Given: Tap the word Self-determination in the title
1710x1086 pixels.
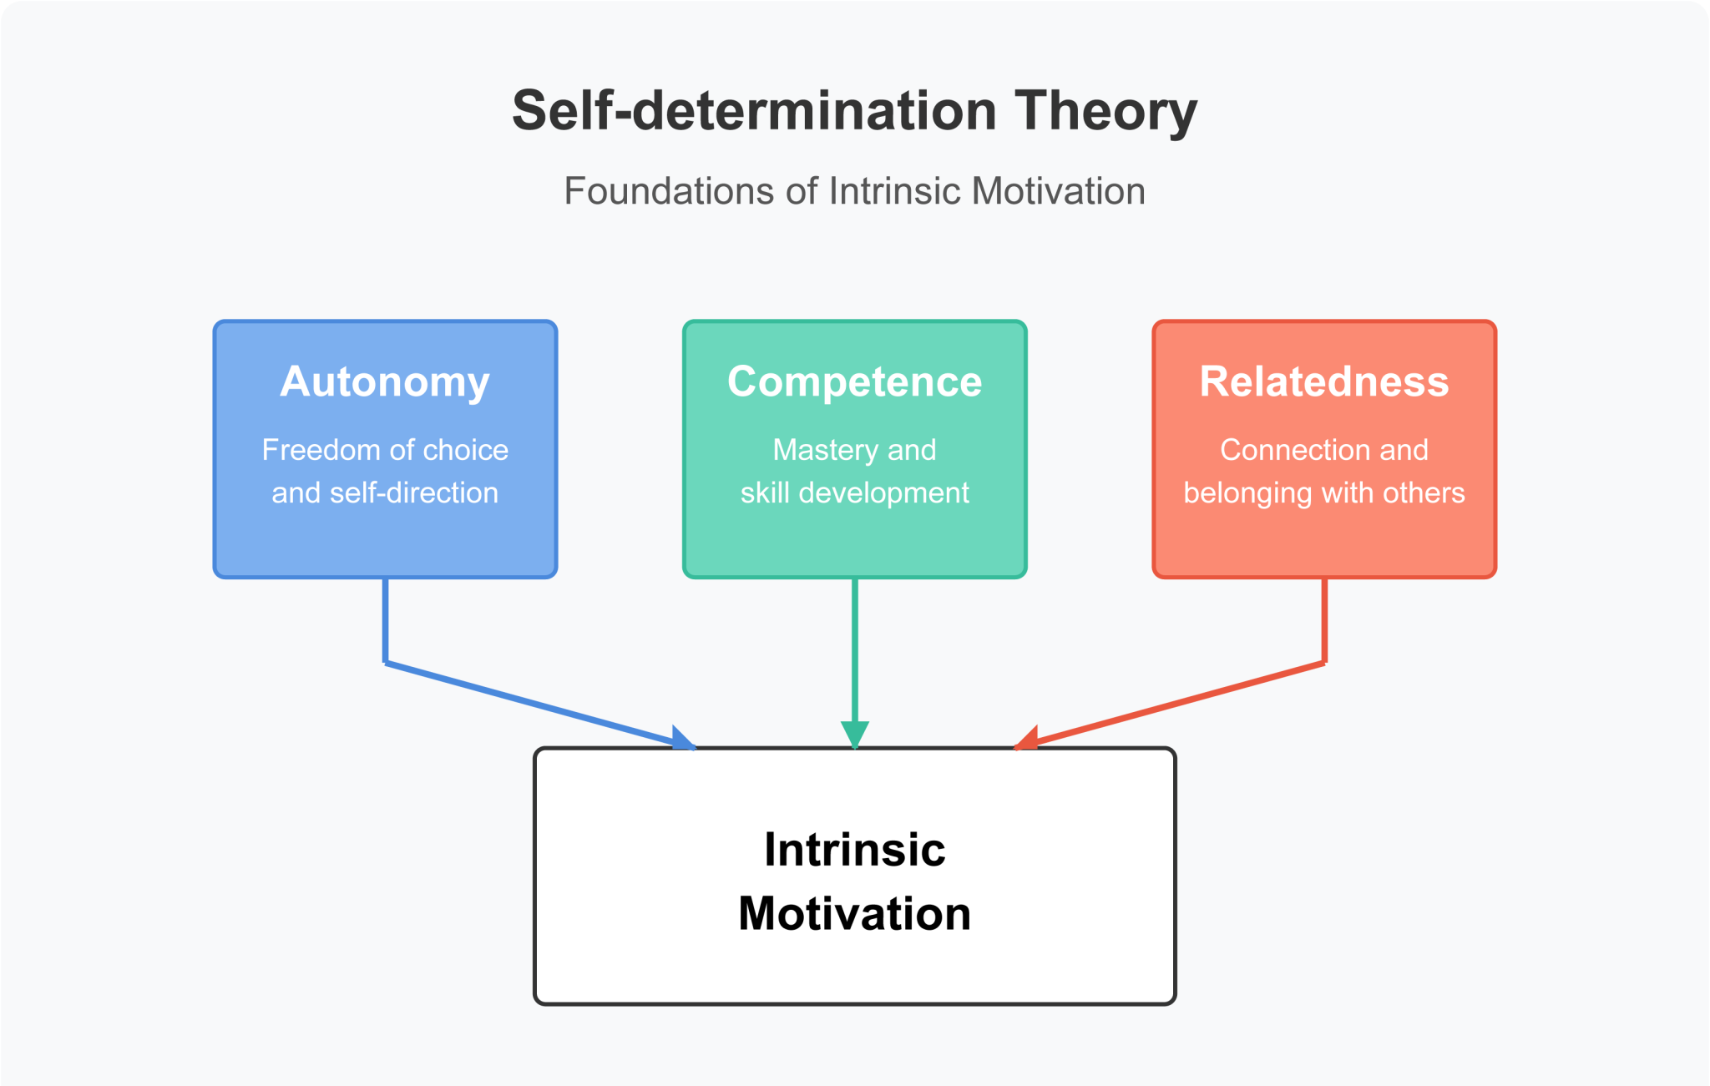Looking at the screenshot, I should (x=754, y=111).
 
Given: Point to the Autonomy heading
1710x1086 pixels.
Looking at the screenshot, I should (x=385, y=381).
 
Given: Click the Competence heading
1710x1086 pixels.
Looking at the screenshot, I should (x=854, y=381).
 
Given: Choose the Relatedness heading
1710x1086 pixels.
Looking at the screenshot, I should (x=1324, y=381).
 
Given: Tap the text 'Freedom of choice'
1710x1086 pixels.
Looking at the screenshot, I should (x=385, y=450).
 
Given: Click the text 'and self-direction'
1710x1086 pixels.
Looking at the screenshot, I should (x=385, y=492).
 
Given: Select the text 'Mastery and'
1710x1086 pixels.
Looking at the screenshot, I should (x=854, y=450).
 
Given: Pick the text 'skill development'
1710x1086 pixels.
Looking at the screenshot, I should (x=854, y=492).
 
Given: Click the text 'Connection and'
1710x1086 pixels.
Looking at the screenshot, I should (x=1324, y=450).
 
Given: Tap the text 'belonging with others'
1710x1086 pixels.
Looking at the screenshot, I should (x=1324, y=492).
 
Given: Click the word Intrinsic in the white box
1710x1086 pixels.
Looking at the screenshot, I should (x=854, y=850).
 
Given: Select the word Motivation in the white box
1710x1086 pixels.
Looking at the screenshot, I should (x=854, y=913).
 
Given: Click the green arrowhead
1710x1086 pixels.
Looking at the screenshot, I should (x=854, y=735).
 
